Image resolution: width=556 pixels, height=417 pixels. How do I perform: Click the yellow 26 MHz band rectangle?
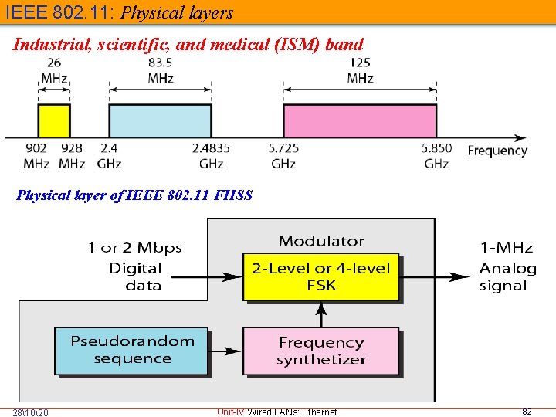click(54, 120)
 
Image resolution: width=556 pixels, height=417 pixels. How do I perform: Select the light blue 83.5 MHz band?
click(160, 120)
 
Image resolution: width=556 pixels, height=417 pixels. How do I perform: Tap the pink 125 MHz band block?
click(360, 120)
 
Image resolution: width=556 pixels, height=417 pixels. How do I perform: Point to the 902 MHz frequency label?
click(36, 155)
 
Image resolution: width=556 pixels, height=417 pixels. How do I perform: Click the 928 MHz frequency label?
click(72, 155)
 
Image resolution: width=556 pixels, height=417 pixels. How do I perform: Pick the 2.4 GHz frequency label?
click(109, 155)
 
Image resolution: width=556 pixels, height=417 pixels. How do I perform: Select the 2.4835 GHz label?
click(211, 155)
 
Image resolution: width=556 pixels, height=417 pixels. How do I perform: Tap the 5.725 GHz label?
click(283, 155)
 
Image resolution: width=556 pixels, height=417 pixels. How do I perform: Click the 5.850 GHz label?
click(436, 155)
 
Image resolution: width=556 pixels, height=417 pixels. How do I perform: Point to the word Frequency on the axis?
click(497, 151)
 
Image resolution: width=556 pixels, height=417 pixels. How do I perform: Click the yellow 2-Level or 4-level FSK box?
click(321, 277)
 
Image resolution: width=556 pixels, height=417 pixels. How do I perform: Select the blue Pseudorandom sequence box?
click(132, 351)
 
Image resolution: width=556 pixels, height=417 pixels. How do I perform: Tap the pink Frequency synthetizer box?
click(321, 351)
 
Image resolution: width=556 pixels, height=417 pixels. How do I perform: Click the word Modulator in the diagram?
click(321, 242)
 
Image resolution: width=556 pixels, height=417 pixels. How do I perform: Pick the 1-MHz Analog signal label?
click(507, 266)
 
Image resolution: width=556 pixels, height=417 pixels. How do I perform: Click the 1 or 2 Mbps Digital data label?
click(135, 266)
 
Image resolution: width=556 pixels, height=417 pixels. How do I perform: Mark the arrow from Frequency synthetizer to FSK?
click(321, 314)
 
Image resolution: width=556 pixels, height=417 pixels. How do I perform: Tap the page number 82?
click(527, 412)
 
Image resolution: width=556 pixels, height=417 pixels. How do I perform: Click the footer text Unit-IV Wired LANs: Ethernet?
click(277, 412)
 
